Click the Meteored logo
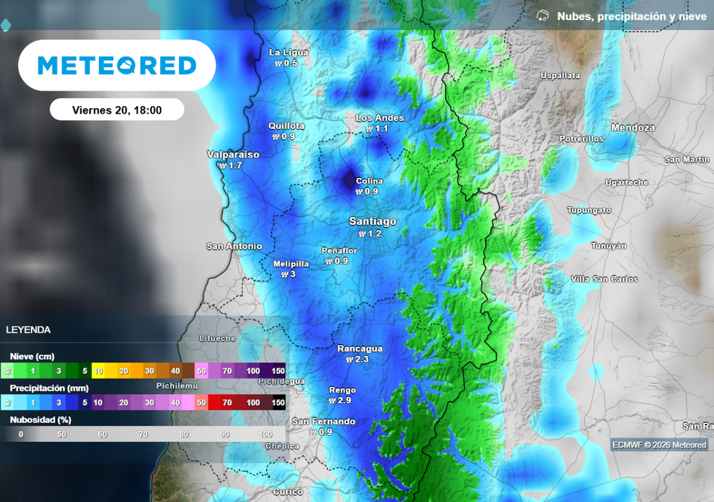pyautogui.click(x=116, y=66)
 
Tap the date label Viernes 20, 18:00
pyautogui.click(x=116, y=110)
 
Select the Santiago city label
pyautogui.click(x=372, y=221)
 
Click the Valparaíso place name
pyautogui.click(x=233, y=154)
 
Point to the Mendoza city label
pyautogui.click(x=632, y=128)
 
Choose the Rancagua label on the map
pyautogui.click(x=360, y=348)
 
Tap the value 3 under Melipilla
pyautogui.click(x=292, y=274)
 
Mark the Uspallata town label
pyautogui.click(x=560, y=75)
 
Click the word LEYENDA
pyautogui.click(x=28, y=330)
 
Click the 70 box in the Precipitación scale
pyautogui.click(x=227, y=402)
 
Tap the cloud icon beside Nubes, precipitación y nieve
pyautogui.click(x=542, y=16)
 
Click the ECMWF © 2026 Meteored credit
pyautogui.click(x=659, y=445)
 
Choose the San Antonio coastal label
pyautogui.click(x=234, y=246)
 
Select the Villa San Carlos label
pyautogui.click(x=604, y=279)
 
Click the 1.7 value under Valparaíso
pyautogui.click(x=234, y=166)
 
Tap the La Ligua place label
pyautogui.click(x=289, y=52)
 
